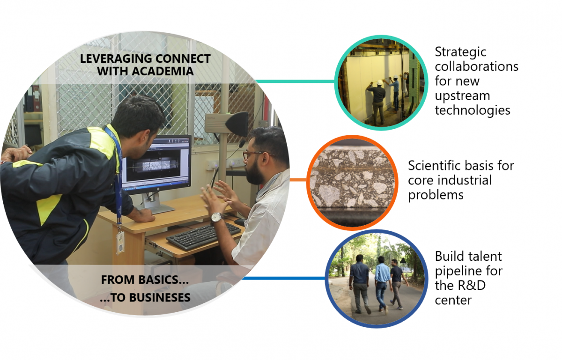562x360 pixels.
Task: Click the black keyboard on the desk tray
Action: pyautogui.click(x=204, y=235)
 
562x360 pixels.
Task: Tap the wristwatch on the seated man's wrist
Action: pyautogui.click(x=216, y=217)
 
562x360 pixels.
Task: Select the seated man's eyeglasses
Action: pyautogui.click(x=252, y=154)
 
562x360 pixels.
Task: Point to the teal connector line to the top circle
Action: pyautogui.click(x=295, y=81)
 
